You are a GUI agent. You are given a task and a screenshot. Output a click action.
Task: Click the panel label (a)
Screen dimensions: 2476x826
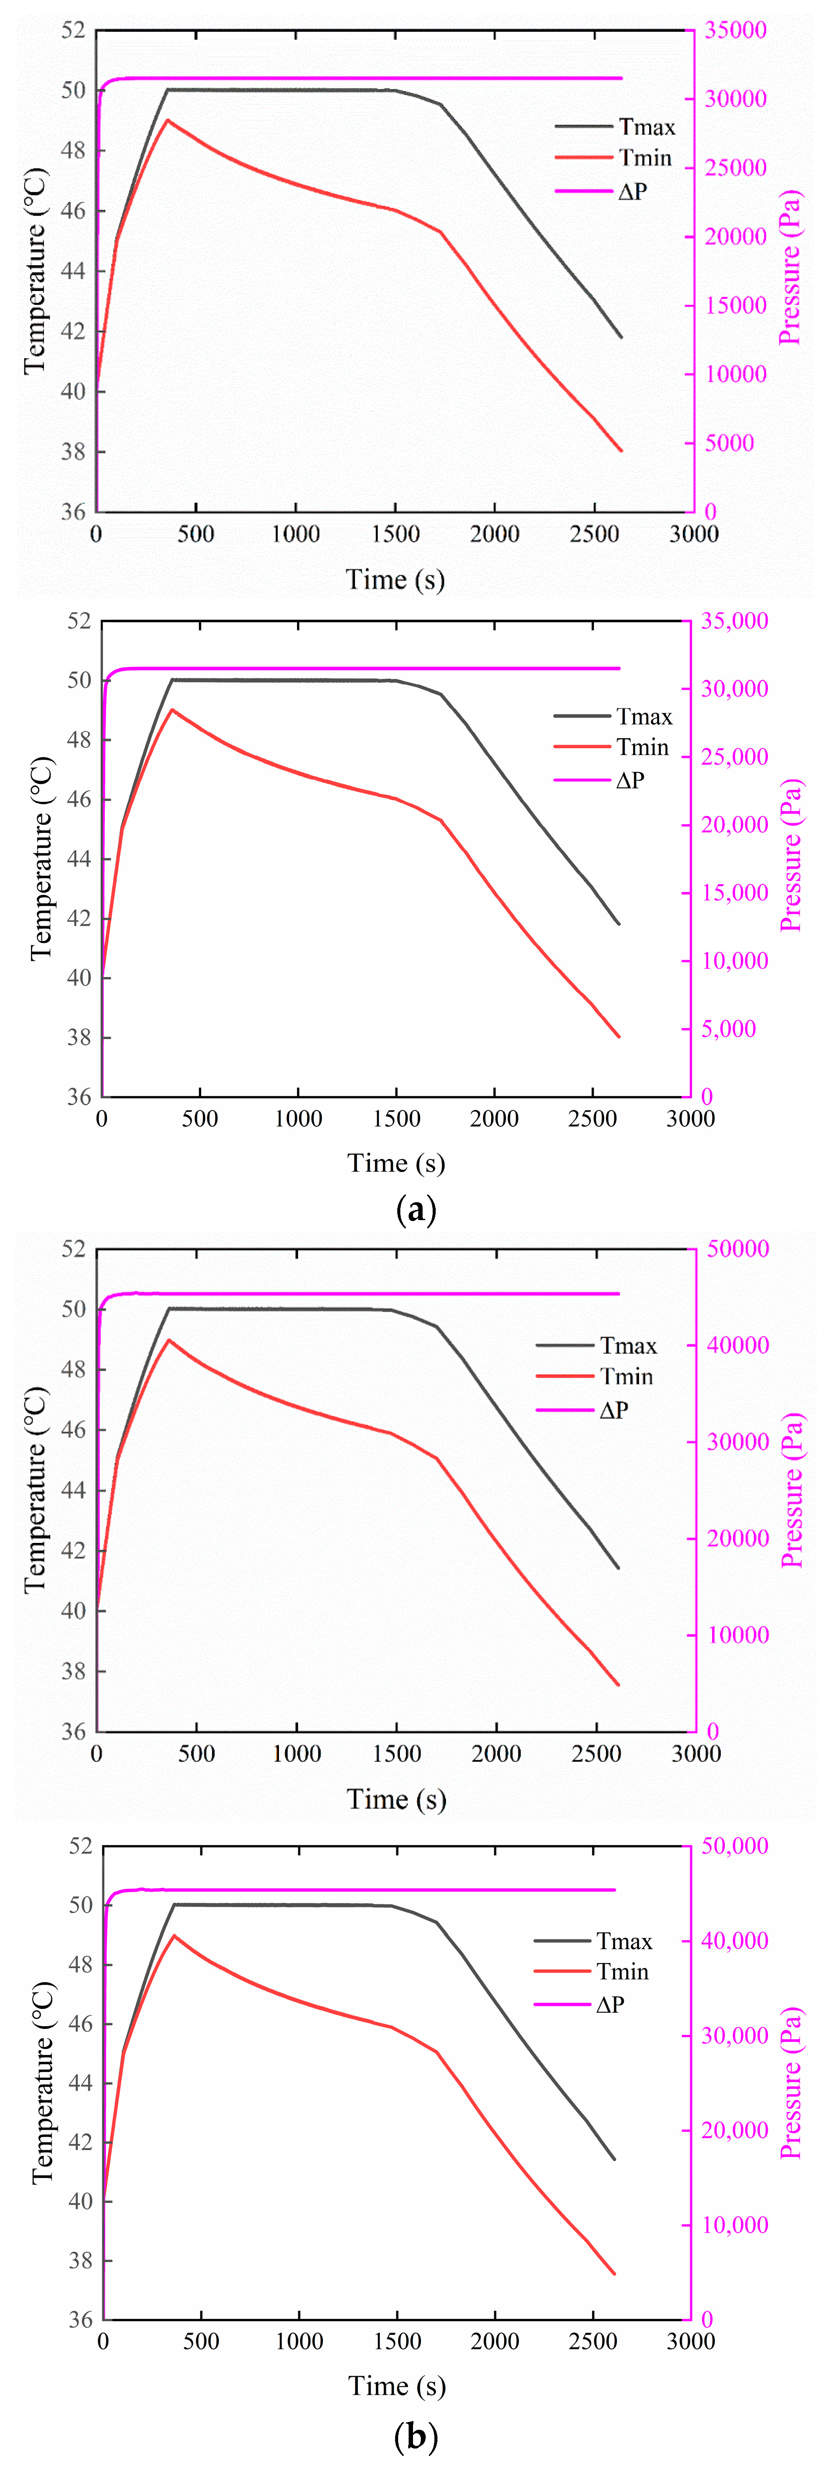416,1209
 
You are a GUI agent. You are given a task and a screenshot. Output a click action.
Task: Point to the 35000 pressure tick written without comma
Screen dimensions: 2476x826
736,30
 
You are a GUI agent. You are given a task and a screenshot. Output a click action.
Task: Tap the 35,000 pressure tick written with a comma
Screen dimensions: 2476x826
734,621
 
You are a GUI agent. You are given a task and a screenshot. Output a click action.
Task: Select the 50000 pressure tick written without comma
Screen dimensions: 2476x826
737,1248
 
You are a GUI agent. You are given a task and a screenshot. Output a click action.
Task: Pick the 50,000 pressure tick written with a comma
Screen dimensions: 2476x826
734,1846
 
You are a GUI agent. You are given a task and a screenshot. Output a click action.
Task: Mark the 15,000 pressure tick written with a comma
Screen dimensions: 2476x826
734,893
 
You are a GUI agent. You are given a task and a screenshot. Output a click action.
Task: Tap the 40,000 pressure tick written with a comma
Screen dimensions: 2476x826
734,1941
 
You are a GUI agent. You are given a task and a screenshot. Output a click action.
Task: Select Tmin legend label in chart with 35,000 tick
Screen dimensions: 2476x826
642,747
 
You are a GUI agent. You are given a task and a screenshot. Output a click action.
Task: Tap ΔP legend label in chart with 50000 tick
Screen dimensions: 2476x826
613,1410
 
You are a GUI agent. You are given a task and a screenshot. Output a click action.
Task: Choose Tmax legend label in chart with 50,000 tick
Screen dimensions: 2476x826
624,1941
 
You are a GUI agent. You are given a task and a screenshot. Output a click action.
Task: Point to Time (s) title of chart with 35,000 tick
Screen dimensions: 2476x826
396,1163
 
